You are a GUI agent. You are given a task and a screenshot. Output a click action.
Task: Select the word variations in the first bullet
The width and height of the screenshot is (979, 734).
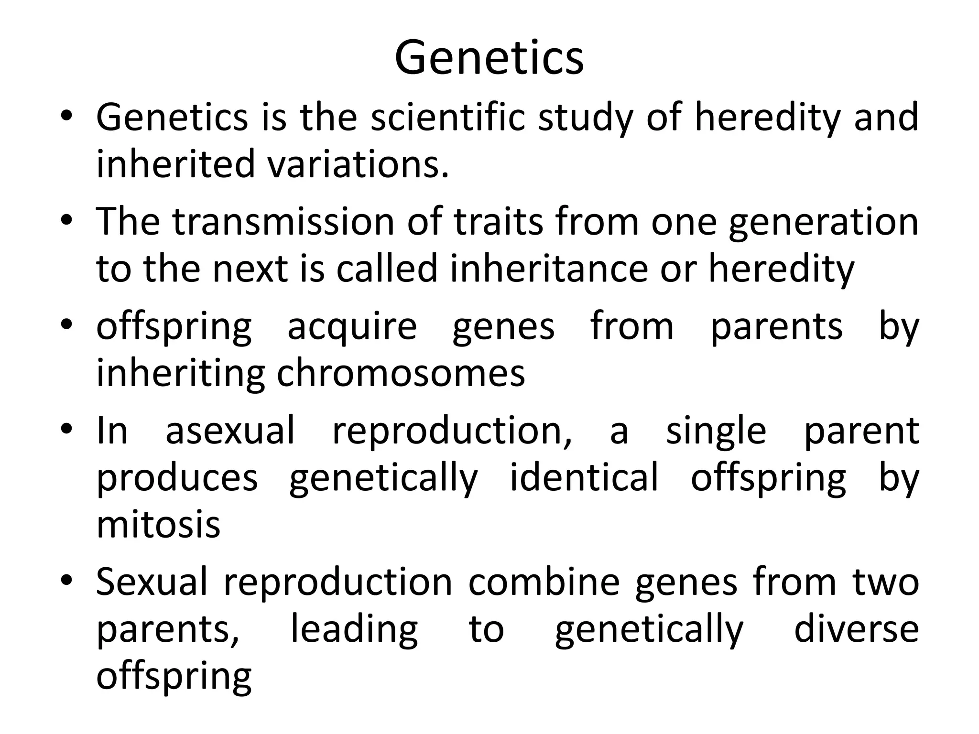[x=358, y=164]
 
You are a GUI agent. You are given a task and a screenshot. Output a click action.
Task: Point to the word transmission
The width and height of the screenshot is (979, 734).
[x=283, y=221]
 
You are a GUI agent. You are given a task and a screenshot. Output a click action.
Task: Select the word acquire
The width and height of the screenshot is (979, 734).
[x=352, y=327]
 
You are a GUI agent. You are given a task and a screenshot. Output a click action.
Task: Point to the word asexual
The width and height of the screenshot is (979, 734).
[x=230, y=431]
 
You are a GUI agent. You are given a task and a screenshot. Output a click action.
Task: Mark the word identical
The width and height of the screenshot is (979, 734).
[x=584, y=477]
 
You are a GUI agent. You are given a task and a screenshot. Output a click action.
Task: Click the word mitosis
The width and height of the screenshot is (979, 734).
[x=158, y=524]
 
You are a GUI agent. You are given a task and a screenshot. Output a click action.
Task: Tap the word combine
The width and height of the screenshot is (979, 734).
[x=544, y=582]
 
